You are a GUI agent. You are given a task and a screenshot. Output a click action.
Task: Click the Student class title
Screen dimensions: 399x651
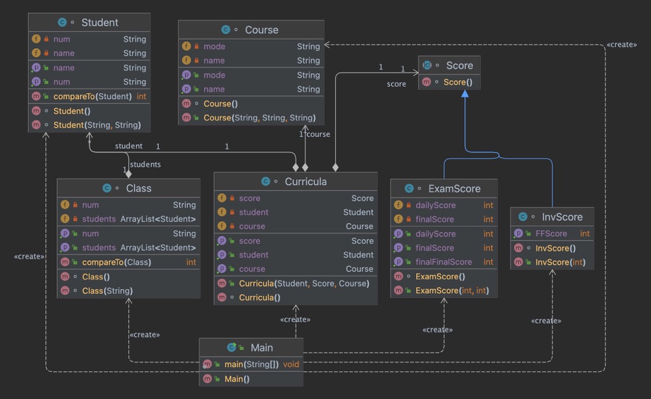click(x=99, y=22)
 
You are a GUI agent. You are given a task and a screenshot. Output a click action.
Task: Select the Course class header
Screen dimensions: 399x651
click(x=261, y=30)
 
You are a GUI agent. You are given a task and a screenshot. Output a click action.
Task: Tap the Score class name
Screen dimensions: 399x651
click(x=459, y=66)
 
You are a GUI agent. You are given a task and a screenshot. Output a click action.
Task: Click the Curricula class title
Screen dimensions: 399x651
click(x=305, y=182)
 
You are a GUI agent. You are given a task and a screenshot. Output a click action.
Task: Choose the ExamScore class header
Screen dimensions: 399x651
click(x=454, y=189)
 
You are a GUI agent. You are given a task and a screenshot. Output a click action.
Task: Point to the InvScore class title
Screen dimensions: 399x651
click(x=562, y=217)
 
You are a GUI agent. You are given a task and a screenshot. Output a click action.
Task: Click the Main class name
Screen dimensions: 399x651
click(x=262, y=348)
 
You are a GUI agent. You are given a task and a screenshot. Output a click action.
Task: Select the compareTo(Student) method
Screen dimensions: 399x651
click(x=92, y=96)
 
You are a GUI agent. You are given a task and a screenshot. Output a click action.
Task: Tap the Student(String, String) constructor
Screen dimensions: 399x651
click(x=97, y=125)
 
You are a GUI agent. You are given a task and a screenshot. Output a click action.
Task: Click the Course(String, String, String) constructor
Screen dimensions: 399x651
click(x=259, y=118)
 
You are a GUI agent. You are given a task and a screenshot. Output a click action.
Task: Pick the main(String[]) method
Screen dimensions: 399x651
click(x=252, y=364)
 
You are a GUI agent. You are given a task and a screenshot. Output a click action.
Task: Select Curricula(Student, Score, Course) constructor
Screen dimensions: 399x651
click(x=304, y=284)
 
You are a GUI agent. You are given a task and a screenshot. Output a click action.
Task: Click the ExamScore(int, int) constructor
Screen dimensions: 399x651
click(x=452, y=291)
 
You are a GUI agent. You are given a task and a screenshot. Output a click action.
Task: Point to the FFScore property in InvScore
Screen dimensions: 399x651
click(x=551, y=233)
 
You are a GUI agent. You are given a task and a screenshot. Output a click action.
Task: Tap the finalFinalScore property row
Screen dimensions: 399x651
click(x=443, y=262)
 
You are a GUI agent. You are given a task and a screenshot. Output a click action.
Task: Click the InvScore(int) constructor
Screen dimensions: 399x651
click(x=560, y=263)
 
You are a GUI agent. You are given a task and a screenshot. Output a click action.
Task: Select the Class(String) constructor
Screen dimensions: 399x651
click(x=107, y=291)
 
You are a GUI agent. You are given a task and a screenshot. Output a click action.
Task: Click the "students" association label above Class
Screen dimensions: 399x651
click(x=145, y=164)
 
